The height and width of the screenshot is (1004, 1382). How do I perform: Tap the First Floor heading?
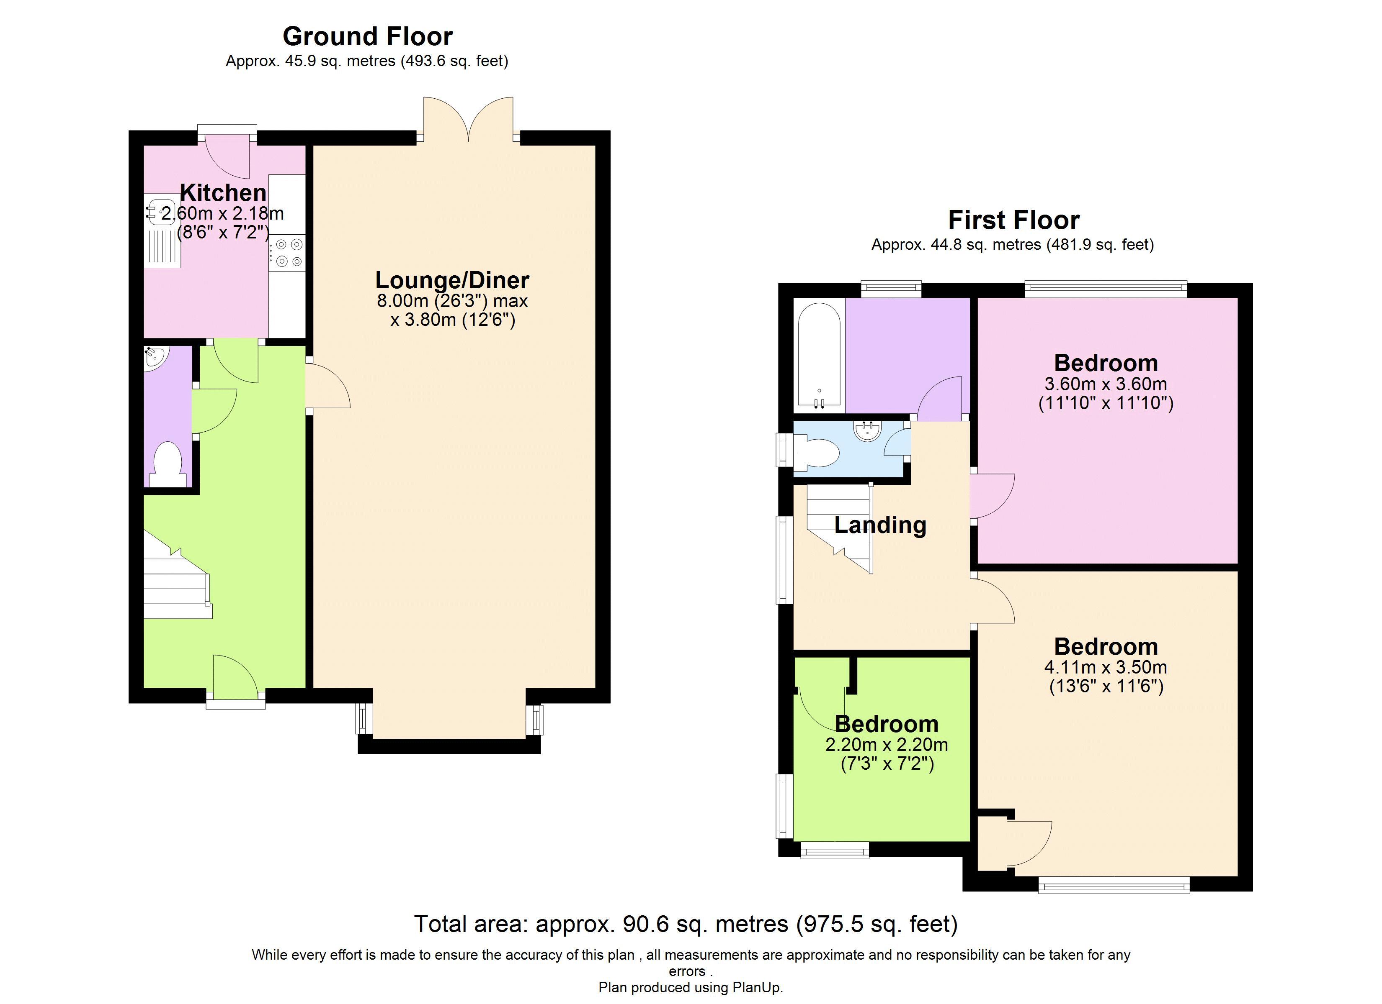1014,220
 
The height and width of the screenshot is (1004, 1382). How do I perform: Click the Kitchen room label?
223,192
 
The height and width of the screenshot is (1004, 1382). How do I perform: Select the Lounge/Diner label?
452,280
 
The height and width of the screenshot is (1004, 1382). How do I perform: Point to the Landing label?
880,525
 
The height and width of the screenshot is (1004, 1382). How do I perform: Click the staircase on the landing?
840,527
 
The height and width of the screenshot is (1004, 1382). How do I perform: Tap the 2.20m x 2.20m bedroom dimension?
887,745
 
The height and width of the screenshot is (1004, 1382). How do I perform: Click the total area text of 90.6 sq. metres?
686,924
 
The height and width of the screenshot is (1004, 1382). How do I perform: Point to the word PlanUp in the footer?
756,988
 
